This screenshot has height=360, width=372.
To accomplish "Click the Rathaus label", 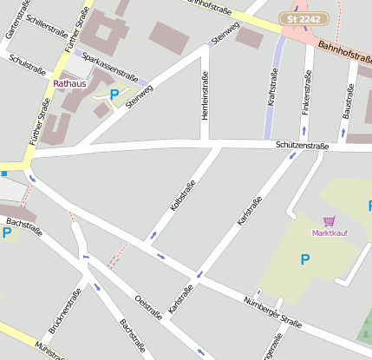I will (x=70, y=83).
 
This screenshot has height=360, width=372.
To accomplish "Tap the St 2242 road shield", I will (x=297, y=18).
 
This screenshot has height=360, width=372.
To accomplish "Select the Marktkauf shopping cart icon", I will (x=329, y=222).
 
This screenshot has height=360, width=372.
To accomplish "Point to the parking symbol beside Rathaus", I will (x=114, y=94).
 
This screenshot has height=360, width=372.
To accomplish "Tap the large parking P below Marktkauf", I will (x=304, y=259).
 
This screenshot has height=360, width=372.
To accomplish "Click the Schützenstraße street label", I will (x=302, y=147).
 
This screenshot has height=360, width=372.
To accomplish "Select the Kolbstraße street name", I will (x=183, y=195).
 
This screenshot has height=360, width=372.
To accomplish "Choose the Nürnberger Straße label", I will (x=272, y=312).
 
